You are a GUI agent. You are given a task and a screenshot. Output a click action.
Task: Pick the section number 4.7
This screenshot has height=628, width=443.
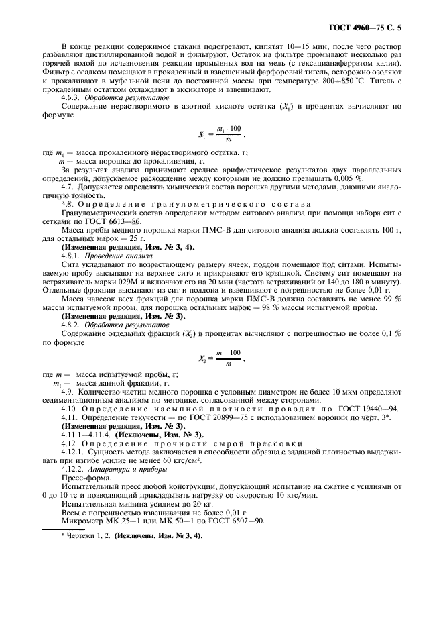point(68,189)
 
